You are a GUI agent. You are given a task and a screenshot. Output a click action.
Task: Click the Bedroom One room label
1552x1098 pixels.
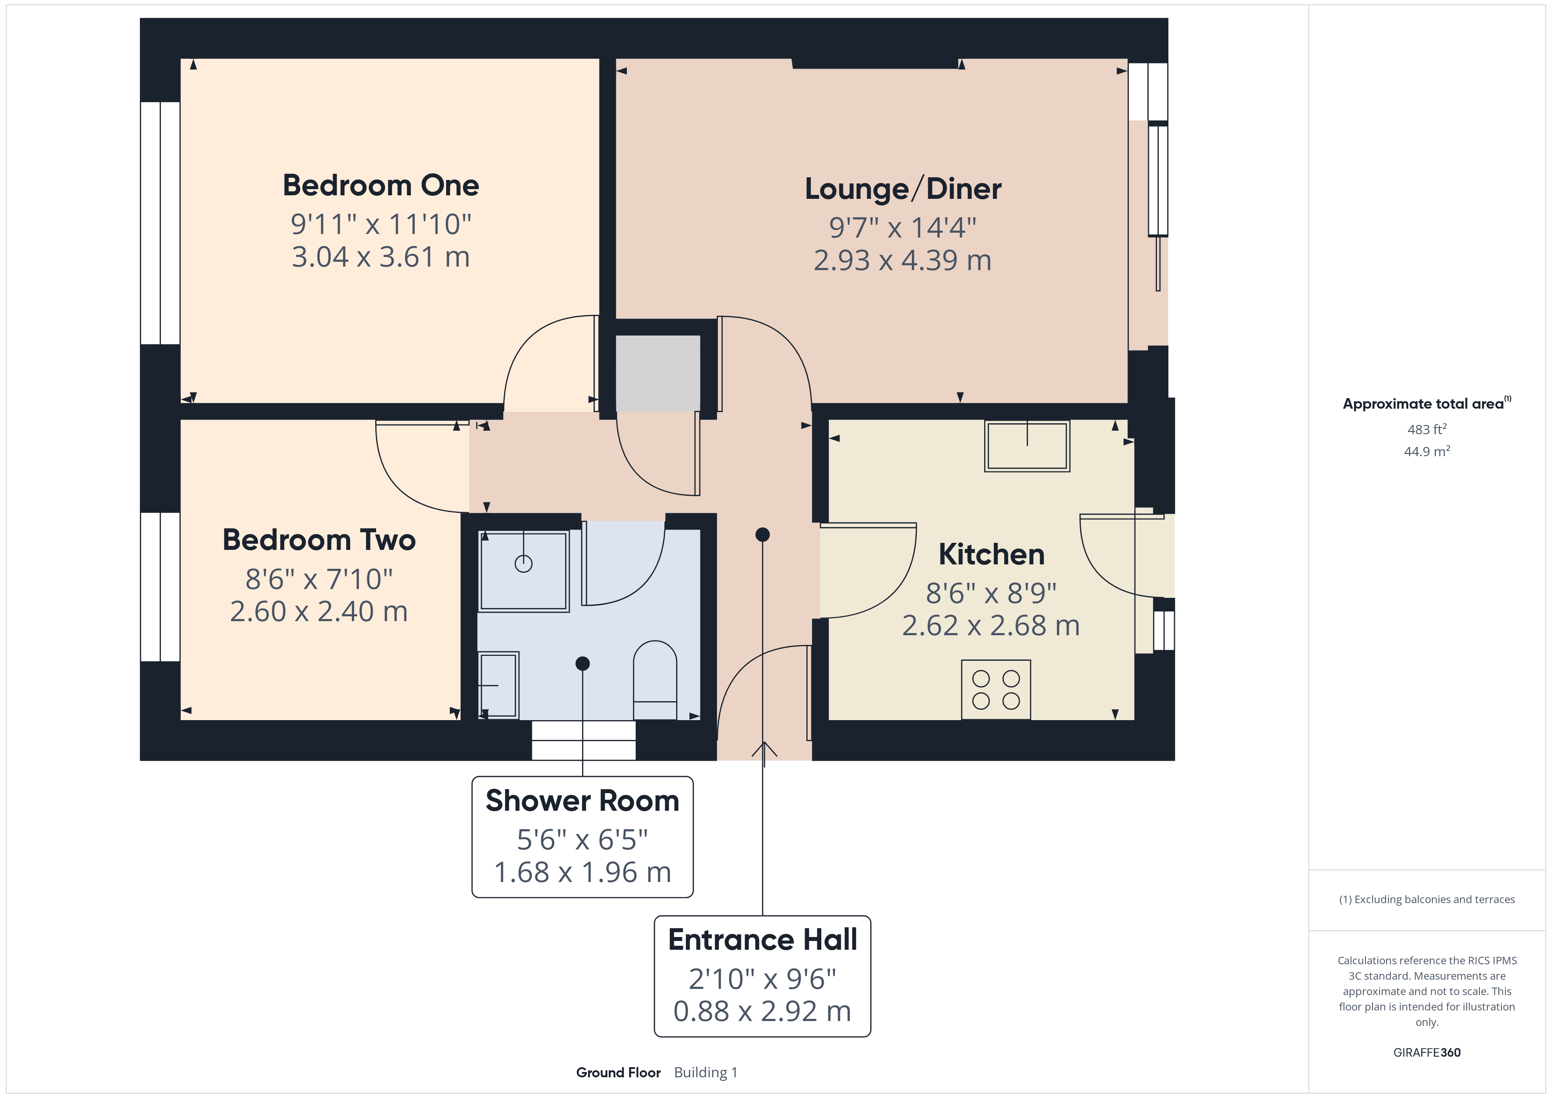(381, 185)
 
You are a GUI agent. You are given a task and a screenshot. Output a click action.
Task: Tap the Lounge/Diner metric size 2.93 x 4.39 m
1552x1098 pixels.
(902, 260)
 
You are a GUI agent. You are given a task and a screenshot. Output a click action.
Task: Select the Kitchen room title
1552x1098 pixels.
(991, 554)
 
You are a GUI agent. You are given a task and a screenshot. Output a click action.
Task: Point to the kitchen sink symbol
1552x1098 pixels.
(1027, 446)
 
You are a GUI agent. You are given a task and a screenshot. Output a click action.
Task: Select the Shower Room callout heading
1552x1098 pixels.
(582, 801)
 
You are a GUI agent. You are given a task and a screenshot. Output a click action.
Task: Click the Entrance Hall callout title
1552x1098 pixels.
(762, 940)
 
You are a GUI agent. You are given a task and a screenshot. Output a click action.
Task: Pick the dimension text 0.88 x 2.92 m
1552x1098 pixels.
(762, 1011)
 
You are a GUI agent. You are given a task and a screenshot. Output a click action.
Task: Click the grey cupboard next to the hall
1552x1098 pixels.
(657, 373)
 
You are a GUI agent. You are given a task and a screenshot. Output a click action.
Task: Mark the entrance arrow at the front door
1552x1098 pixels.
(764, 750)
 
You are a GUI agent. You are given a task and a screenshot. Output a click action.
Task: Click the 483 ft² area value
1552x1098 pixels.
(1426, 429)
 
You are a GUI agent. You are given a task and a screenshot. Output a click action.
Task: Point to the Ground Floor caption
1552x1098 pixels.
(618, 1072)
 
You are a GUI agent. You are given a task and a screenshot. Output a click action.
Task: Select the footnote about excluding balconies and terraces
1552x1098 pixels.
(1426, 899)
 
